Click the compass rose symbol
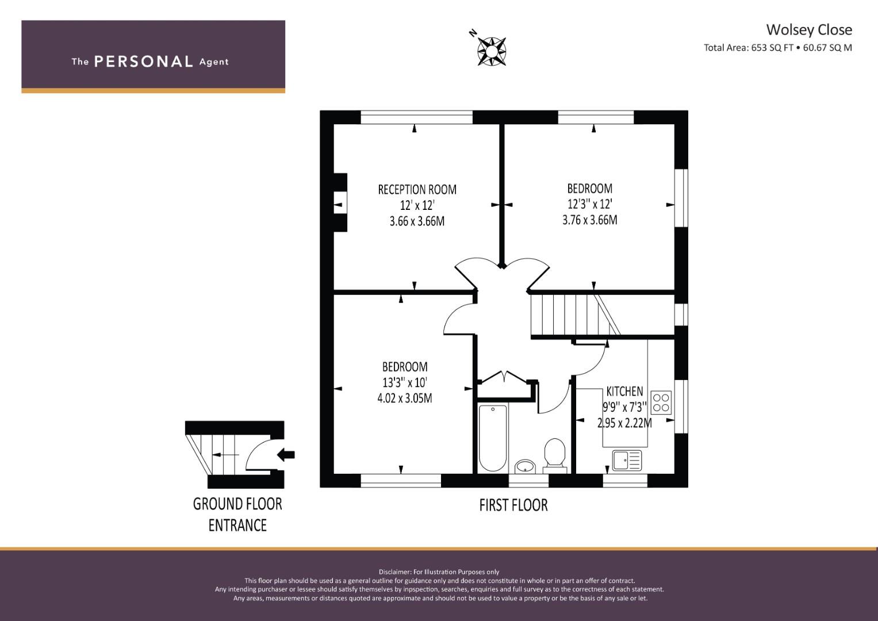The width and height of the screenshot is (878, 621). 492,51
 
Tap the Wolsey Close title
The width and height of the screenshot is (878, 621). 809,30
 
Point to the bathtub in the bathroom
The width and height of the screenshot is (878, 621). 493,438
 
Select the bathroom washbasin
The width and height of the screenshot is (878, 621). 525,466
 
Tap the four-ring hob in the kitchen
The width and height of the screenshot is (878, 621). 661,402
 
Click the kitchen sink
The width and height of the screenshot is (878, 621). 627,460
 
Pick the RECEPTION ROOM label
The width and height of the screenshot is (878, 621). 417,190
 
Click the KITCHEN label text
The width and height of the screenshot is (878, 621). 624,391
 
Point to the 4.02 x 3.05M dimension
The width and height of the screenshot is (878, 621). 405,398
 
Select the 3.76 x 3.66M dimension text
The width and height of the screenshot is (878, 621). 589,220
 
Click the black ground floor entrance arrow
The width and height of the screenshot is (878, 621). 286,455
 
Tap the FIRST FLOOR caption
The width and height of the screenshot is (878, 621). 513,505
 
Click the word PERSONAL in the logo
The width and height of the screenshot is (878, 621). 144,62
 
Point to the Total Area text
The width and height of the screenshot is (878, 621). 777,48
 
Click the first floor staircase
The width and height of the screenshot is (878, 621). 576,315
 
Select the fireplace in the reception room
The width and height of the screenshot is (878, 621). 340,202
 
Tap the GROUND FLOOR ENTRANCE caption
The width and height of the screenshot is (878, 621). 237,515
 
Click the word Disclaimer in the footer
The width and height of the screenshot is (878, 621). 394,572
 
